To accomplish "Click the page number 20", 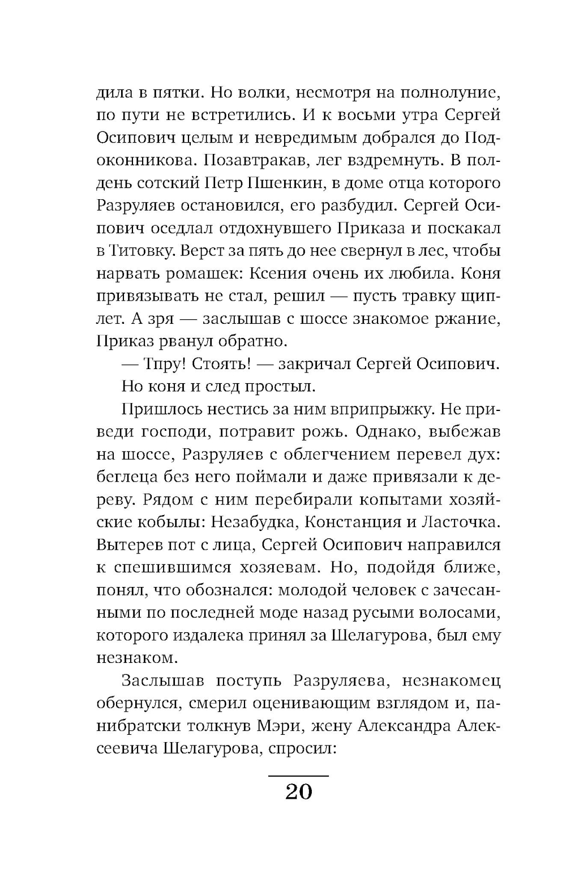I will pos(298,791).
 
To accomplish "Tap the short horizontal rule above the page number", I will pos(298,775).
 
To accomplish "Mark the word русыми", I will pos(402,613).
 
